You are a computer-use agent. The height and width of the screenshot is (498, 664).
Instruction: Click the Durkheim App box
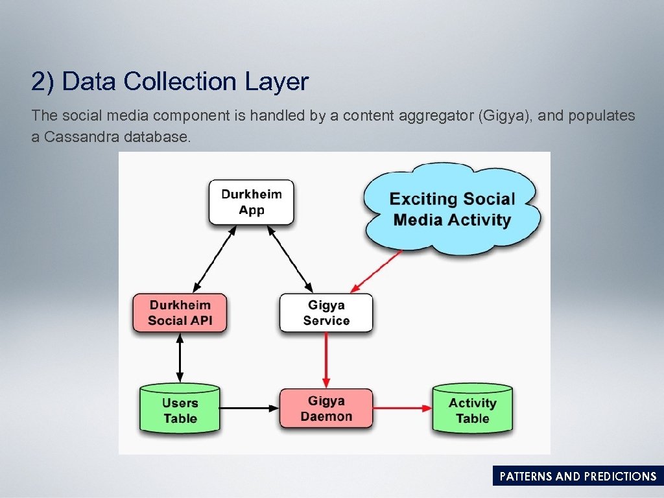252,202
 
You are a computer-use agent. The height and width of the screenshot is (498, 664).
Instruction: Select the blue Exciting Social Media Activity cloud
452,209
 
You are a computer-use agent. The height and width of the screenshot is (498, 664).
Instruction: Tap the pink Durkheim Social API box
180,313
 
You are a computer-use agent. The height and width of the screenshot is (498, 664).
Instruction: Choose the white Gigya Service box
326,313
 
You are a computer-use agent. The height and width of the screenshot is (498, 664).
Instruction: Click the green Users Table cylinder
180,410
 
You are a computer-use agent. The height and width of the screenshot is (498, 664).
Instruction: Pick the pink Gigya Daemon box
326,409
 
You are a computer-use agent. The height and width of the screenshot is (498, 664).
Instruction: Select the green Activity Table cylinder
472,410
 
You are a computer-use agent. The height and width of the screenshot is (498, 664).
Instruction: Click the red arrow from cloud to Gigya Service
377,272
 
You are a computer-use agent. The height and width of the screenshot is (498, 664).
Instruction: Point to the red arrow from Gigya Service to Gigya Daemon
326,360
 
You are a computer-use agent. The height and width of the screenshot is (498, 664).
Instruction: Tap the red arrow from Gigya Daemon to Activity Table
403,408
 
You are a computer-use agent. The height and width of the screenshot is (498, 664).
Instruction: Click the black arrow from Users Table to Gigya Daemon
249,408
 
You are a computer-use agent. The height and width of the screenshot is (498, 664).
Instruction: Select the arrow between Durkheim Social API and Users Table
180,358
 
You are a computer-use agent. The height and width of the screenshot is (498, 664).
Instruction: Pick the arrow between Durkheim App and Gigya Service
289,259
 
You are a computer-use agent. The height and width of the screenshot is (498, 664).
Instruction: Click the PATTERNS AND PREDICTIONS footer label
578,477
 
